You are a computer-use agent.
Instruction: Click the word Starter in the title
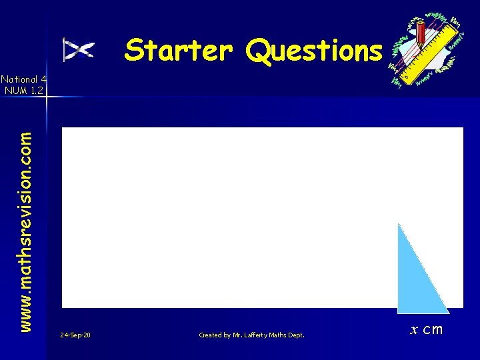tap(179, 50)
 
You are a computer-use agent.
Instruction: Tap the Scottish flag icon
tap(79, 50)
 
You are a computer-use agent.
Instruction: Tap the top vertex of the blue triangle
tap(399, 224)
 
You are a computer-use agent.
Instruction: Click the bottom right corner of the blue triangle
tap(448, 311)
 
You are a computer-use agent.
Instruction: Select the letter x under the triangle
tap(414, 329)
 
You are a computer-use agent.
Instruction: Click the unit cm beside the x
tap(433, 329)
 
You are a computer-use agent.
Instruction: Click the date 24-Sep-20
tap(75, 335)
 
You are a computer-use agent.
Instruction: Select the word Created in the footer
tap(211, 335)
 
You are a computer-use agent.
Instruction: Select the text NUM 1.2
tap(24, 89)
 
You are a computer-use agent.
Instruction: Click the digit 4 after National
tap(41, 78)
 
